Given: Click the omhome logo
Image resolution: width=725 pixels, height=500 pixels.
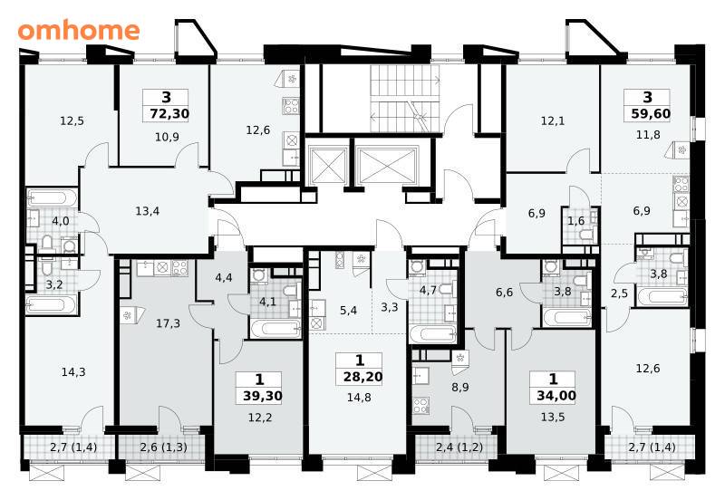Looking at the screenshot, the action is (x=79, y=30).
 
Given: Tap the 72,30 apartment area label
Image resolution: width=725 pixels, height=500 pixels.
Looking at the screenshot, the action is (x=169, y=113).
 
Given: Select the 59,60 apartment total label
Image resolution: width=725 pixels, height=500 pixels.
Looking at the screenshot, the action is (x=651, y=113).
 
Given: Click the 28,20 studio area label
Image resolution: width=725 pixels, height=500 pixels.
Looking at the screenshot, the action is (x=363, y=377).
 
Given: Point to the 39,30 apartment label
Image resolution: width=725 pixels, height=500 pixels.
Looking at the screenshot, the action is (x=262, y=396).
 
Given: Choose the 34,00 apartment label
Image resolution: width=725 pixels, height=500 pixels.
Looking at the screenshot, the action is (x=556, y=396).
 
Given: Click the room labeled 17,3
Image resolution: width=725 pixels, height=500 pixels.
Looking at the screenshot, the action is (x=168, y=323).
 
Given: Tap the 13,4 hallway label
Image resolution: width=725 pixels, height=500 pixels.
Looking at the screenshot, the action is (x=148, y=211).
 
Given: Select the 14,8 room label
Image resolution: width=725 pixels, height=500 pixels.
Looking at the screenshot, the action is (x=359, y=398).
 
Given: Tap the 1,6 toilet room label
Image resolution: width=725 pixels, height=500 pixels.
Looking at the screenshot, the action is (x=575, y=221).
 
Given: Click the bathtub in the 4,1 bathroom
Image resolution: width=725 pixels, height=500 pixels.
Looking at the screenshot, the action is (x=276, y=330).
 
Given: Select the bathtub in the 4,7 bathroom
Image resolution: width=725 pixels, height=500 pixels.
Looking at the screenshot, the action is (x=433, y=334).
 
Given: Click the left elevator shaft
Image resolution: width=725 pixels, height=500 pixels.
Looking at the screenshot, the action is (x=329, y=166).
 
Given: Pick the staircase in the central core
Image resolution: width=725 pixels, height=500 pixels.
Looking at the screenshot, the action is (x=404, y=99).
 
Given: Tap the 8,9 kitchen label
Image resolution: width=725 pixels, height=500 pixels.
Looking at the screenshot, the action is (x=460, y=388).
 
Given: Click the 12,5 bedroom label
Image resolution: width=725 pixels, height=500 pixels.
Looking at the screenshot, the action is (x=72, y=121).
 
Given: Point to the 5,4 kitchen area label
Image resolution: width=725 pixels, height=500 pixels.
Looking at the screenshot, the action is (x=348, y=311).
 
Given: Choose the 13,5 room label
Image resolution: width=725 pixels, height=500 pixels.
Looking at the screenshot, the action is (x=553, y=417).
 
